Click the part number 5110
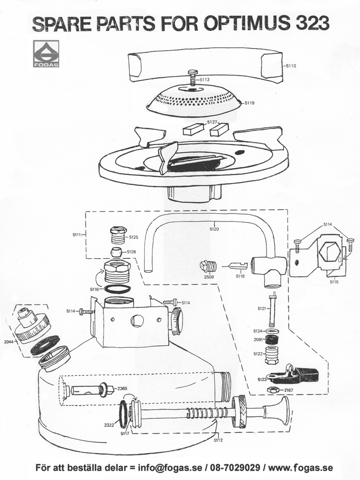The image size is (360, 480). click(x=291, y=65)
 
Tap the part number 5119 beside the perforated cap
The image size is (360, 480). click(x=250, y=103)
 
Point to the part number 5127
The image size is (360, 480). click(x=212, y=122)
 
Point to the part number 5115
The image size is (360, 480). click(x=334, y=282)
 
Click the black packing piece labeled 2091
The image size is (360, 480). click(x=273, y=340)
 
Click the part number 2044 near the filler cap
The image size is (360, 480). click(x=9, y=342)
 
